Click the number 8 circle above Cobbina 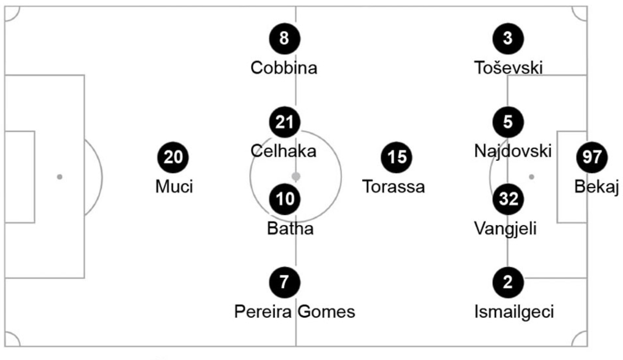[x=284, y=38]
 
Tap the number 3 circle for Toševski [x=508, y=38]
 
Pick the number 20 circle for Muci [x=174, y=158]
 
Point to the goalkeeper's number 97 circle [x=592, y=158]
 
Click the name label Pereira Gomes [x=295, y=312]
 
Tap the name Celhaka [x=283, y=151]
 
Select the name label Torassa [x=393, y=187]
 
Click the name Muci [x=174, y=187]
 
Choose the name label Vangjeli [x=506, y=228]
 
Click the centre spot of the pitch [x=296, y=177]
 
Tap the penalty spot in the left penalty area [x=59, y=177]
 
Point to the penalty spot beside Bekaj [x=531, y=177]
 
